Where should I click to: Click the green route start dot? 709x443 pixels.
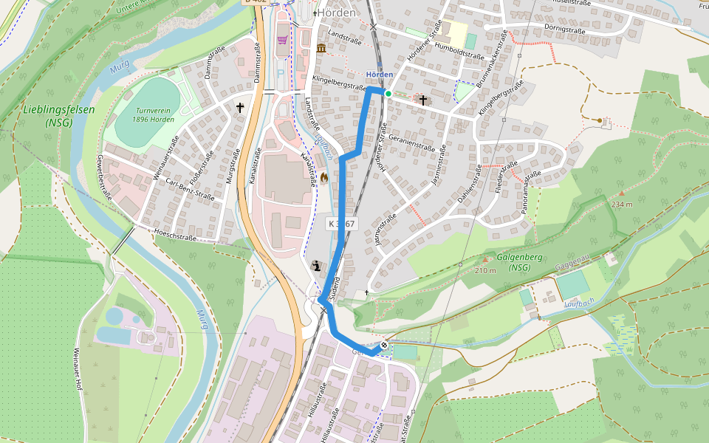coord(388,94)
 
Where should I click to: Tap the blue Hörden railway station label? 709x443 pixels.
coord(380,75)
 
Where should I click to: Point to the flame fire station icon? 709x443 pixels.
coord(323,177)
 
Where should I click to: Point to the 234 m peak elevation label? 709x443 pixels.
coord(623,204)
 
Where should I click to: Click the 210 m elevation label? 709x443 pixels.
coord(485,271)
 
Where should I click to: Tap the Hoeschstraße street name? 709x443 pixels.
coord(175,238)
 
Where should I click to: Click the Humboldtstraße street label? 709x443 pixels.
coord(459,51)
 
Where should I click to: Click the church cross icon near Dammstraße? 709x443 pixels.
coord(239,108)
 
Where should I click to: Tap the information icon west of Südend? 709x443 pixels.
coord(317,267)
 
